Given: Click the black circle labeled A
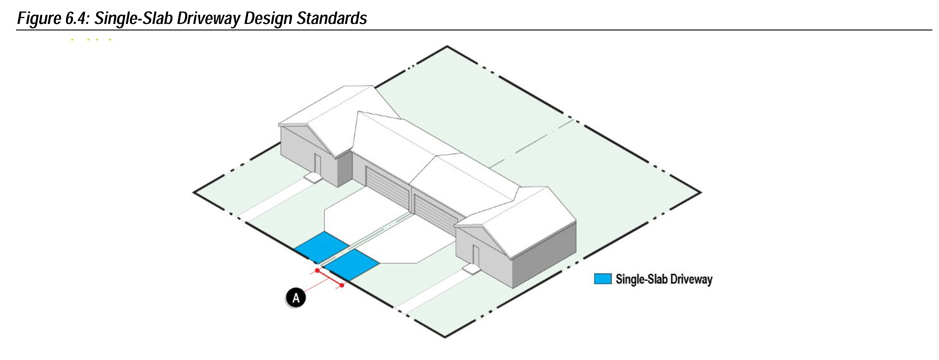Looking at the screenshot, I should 296,298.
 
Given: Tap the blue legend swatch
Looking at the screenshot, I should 603,279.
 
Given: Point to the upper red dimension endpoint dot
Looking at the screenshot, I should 317,270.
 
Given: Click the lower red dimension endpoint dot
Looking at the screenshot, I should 342,285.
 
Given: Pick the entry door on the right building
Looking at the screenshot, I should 475,256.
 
